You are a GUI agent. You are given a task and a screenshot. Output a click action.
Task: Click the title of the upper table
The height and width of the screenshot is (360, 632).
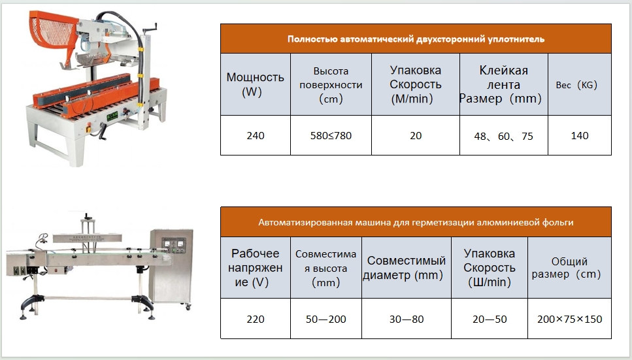416,39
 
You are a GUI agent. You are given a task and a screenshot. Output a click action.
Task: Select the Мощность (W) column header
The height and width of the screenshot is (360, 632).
255,84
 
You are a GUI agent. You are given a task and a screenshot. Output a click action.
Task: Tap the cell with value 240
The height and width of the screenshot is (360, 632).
255,135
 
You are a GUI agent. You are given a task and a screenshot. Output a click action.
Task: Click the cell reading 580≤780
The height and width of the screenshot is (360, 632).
331,135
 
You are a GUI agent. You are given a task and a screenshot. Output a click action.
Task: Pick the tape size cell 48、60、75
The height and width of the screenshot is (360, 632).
503,136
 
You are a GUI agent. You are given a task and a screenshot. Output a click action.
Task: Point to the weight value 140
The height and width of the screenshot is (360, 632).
580,135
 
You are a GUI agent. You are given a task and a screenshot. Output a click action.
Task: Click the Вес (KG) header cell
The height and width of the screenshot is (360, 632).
580,84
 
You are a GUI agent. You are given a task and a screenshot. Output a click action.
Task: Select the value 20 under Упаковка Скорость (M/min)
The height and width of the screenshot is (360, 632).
416,135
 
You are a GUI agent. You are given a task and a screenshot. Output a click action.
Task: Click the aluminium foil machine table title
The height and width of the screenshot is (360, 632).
416,222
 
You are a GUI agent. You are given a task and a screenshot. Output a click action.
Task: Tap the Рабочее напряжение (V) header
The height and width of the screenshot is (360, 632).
255,267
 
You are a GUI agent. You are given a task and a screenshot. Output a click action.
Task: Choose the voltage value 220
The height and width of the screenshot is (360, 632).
255,319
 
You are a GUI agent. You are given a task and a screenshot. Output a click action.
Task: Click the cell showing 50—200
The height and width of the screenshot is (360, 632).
325,319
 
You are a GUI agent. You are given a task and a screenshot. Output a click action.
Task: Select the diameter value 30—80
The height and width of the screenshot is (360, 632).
407,319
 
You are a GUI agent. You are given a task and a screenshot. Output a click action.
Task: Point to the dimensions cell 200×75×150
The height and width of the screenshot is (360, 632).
569,319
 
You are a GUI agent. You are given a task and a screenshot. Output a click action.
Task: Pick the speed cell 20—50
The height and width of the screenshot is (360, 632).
490,319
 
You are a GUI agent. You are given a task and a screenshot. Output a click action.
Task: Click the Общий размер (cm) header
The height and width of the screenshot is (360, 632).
569,267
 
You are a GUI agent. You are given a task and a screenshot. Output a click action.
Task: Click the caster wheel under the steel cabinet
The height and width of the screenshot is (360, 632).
188,307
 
